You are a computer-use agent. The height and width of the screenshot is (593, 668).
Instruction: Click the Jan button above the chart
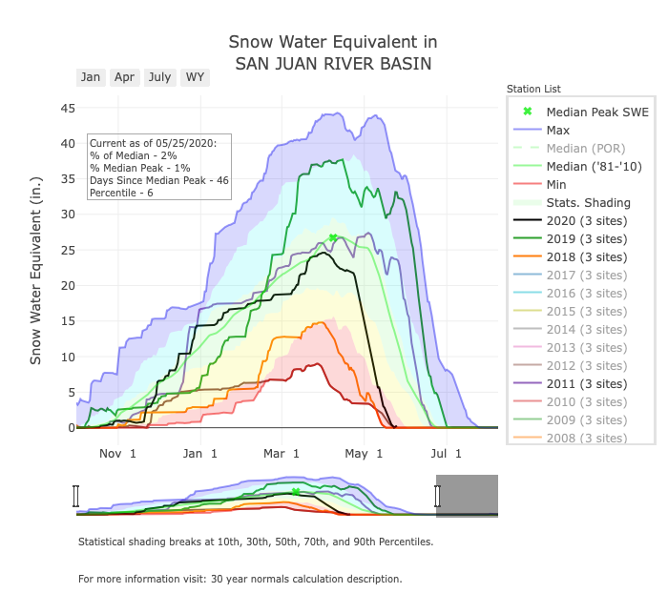pos(91,77)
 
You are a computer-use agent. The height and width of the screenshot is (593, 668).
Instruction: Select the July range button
pos(159,77)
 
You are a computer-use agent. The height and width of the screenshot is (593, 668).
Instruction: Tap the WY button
pos(195,77)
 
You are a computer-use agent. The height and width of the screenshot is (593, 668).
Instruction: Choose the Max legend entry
pos(558,130)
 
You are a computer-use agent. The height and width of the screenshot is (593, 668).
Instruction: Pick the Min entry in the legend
pos(558,184)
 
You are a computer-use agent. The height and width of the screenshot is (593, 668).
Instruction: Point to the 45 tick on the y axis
pos(68,108)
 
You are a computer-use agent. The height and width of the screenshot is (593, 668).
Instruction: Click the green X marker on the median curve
pos(333,237)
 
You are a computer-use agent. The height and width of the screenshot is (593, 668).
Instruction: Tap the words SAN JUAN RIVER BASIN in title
pos(333,64)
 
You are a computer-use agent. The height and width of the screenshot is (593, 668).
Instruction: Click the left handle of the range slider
pos(76,496)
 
